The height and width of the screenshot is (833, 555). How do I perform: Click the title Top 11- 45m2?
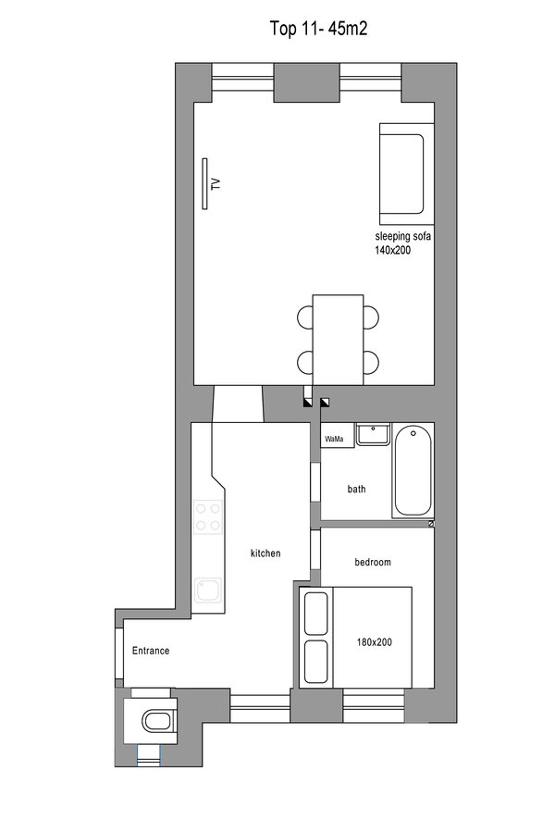coord(318,28)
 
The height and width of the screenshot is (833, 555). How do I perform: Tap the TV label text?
coord(216,184)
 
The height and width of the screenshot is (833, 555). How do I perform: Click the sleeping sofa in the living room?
coord(407,174)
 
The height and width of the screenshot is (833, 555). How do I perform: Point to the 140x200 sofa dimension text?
coord(392,250)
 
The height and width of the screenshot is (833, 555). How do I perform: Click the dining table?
coord(339,340)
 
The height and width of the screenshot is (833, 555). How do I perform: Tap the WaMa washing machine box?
coord(338,436)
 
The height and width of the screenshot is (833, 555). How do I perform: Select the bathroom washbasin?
coord(374,434)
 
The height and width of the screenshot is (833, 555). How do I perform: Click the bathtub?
coord(413,470)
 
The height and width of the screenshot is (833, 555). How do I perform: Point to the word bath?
coord(356,489)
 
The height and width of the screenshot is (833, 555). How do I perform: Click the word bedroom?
coord(372,562)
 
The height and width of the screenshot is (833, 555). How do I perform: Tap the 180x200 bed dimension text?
coord(375,642)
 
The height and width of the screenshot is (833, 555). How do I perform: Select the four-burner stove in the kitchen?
coord(207,516)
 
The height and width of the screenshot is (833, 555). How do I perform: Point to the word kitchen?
coord(265,553)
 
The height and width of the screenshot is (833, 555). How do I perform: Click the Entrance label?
coord(151,651)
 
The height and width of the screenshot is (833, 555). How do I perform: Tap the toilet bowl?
coord(156,721)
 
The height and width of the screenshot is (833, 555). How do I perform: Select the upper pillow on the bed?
coord(316,613)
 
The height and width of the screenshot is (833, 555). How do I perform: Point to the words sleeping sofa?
coord(402,236)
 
